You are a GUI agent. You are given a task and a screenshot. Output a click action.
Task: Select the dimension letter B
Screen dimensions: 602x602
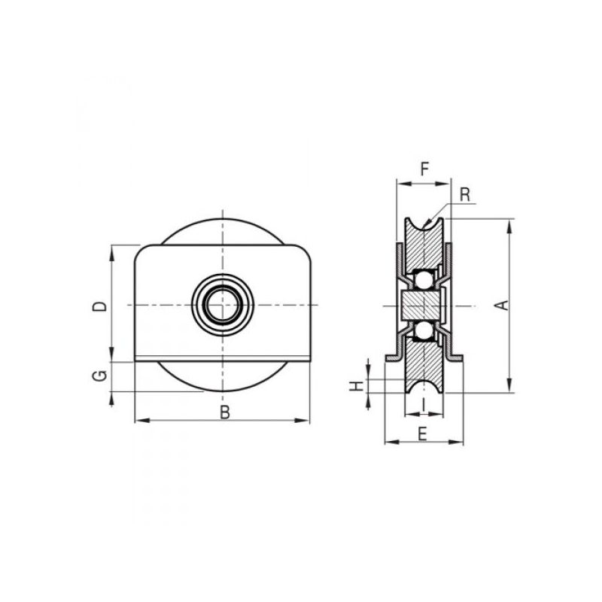pyautogui.click(x=225, y=412)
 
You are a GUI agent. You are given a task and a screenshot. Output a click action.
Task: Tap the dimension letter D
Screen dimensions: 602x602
pyautogui.click(x=100, y=306)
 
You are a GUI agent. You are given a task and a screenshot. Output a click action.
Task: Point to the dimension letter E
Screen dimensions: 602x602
pyautogui.click(x=422, y=434)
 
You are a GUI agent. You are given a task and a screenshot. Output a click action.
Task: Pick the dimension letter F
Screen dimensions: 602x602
pyautogui.click(x=424, y=169)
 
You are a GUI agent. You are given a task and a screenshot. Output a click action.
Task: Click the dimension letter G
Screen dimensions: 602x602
pyautogui.click(x=100, y=375)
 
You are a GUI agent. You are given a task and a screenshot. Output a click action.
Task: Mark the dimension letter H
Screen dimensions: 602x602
pyautogui.click(x=356, y=386)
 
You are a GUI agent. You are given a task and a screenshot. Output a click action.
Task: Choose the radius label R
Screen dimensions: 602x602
pyautogui.click(x=465, y=195)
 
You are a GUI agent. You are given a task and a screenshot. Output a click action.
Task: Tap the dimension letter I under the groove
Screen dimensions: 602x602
pyautogui.click(x=424, y=404)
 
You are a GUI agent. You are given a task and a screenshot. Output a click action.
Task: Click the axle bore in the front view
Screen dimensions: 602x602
pyautogui.click(x=222, y=305)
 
